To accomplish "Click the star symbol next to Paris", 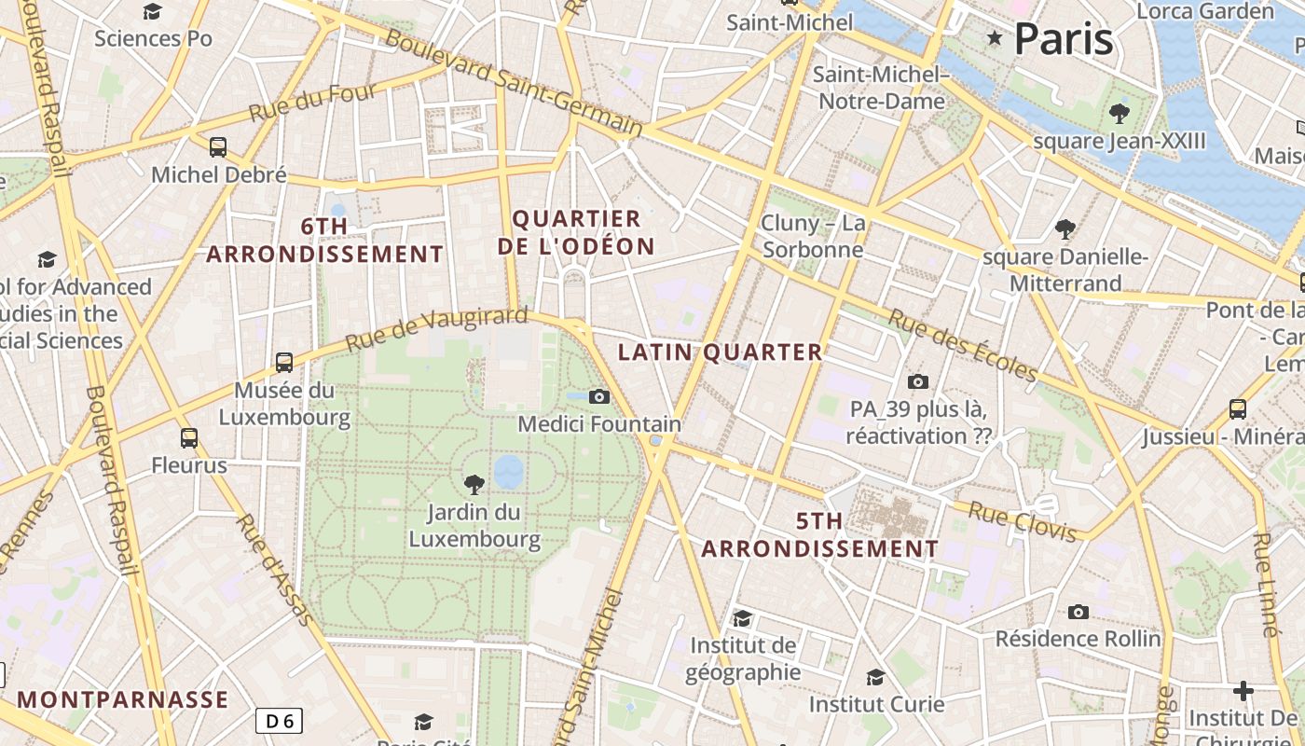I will click(x=995, y=38).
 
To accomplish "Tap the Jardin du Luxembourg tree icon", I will click(x=474, y=484).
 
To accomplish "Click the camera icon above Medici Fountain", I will click(x=599, y=396).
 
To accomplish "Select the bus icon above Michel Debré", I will click(x=218, y=147).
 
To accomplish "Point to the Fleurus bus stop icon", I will click(x=189, y=437).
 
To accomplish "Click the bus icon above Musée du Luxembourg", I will click(x=284, y=363).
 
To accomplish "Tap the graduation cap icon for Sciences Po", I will click(x=153, y=11).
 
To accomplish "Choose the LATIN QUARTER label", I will click(x=721, y=352).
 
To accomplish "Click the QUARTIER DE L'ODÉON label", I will click(x=576, y=232).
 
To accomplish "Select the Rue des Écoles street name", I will click(x=962, y=345).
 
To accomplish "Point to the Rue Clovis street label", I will click(x=1023, y=521).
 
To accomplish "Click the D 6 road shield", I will click(x=280, y=720).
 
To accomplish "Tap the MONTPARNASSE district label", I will click(x=122, y=699).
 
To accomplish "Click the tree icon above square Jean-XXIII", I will click(x=1120, y=114).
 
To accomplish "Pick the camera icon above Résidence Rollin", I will click(x=1078, y=612).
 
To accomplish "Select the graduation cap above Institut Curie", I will click(x=875, y=677).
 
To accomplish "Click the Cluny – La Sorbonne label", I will click(x=813, y=237).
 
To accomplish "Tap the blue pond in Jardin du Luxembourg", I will click(x=508, y=472).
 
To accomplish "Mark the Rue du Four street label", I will click(x=312, y=102).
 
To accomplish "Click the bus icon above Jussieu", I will click(x=1238, y=408).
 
